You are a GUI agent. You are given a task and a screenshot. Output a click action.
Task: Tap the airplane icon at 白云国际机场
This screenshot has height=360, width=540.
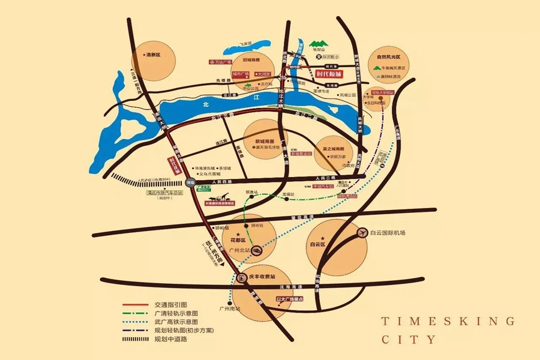pyautogui.click(x=362, y=232)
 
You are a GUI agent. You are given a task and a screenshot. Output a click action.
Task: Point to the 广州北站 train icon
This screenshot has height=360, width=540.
pyautogui.click(x=257, y=250)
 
